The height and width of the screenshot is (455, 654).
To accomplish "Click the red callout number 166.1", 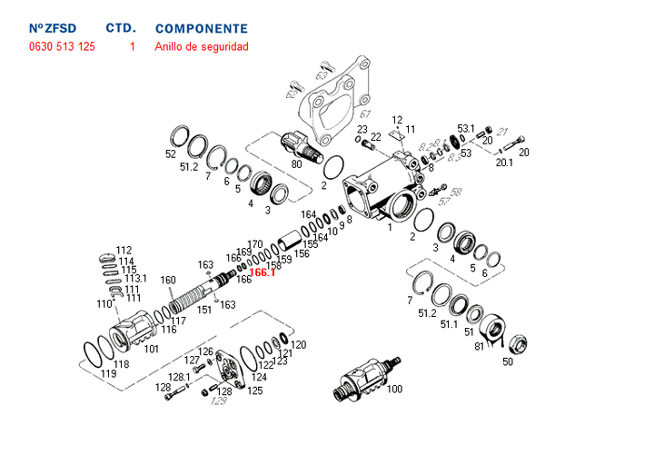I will coord(263,272).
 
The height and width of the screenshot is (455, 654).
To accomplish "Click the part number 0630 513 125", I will coord(62,46).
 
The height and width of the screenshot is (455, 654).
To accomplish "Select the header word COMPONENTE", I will coord(202,29).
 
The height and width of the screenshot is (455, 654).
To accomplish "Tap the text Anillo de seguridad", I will coord(202,46).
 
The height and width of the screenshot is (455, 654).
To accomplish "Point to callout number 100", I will coord(394,390).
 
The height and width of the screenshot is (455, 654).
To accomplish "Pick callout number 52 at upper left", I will coord(171,154).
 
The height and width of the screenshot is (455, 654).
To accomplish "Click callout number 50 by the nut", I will coord(507,361).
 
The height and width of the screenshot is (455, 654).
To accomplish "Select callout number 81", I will coord(480,345).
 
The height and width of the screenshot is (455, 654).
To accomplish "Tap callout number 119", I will coord(109,373).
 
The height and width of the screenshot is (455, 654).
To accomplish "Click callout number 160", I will coord(168,280).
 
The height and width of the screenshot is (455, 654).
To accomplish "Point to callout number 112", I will coord(124,251).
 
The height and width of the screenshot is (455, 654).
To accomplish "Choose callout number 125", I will coord(255,391).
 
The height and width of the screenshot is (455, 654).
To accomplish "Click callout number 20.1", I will coord(504,163).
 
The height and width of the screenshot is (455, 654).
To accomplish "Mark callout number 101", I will coord(152,348).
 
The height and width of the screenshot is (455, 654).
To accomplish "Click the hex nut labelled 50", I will coord(516,344).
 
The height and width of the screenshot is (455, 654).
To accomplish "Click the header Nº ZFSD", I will coord(54,29).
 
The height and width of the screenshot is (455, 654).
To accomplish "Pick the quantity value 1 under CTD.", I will coord(132,46).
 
